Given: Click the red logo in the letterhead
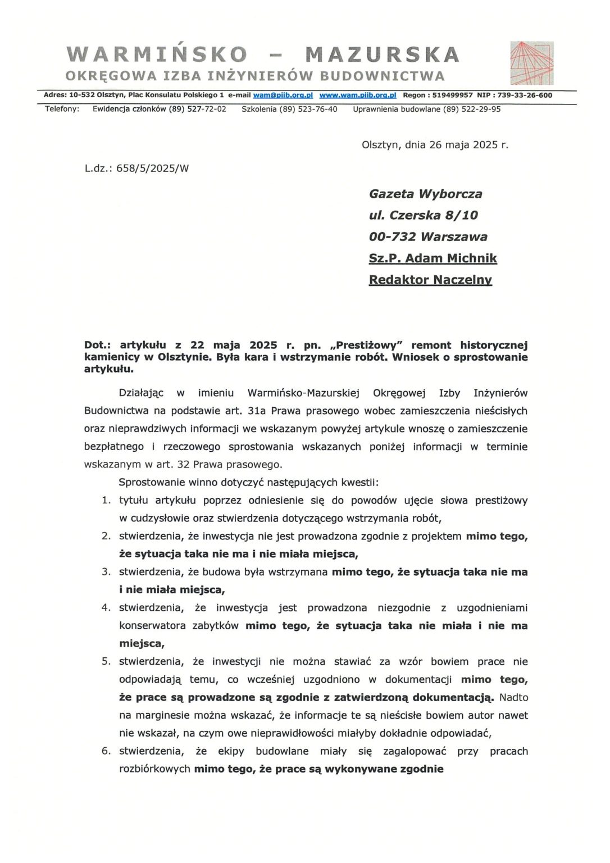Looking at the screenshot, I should click(531, 63).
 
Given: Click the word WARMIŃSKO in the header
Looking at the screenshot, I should click(157, 54).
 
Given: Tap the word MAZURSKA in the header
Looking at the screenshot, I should click(382, 54).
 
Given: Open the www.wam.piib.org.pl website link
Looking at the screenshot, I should click(358, 96).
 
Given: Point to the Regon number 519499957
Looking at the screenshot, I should click(452, 96).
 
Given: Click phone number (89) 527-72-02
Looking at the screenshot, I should click(197, 109).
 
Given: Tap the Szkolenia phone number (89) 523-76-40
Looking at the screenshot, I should click(308, 109).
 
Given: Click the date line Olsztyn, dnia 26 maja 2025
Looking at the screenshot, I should click(435, 144).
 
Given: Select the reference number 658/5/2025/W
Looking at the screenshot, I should click(152, 168).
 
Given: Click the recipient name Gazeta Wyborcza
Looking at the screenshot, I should click(425, 194).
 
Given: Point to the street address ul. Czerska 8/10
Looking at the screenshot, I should click(424, 215).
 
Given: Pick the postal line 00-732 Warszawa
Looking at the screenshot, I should click(428, 237).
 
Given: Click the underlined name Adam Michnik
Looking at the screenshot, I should click(451, 258).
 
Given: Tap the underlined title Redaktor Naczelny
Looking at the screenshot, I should click(430, 279).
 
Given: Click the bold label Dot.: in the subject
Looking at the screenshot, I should click(97, 345).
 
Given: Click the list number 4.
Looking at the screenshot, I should click(106, 607).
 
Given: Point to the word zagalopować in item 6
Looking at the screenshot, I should click(415, 751).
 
